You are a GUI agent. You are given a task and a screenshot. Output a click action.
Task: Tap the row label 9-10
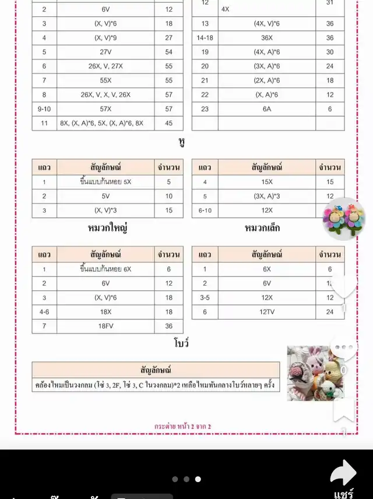[44, 108]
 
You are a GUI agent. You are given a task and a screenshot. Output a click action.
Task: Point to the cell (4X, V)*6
[267, 24]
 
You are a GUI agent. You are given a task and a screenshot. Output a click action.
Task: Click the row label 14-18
[205, 38]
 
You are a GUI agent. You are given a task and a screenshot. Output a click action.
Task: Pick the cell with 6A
[267, 108]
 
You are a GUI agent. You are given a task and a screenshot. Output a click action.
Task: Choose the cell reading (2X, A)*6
[267, 80]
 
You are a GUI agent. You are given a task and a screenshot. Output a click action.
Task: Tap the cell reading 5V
[105, 196]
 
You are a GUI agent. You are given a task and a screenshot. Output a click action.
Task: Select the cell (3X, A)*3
[267, 196]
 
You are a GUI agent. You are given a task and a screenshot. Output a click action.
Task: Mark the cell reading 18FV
[105, 326]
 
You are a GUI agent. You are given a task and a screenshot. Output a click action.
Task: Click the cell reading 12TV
[267, 312]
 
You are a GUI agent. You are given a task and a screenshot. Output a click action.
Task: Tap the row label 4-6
[44, 312]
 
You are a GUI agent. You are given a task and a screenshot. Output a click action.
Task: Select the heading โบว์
[182, 343]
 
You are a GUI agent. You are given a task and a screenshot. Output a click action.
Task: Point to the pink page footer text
[183, 427]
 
